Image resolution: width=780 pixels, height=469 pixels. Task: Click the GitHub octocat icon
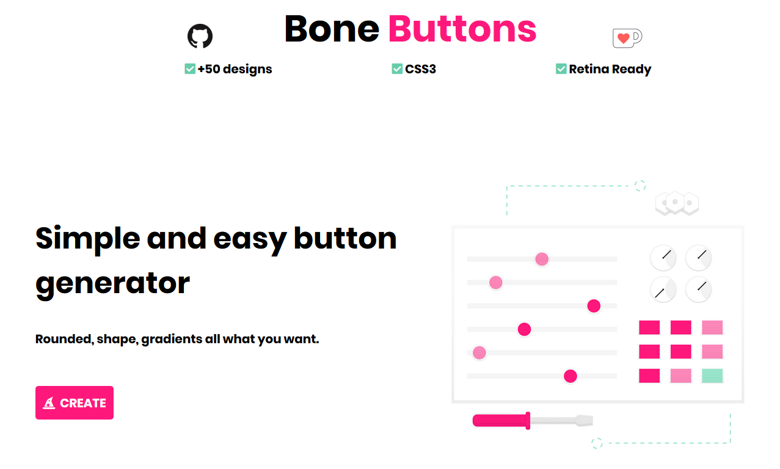[200, 37]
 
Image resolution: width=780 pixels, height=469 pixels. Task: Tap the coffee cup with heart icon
[627, 38]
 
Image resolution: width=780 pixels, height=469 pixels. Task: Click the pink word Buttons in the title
[462, 29]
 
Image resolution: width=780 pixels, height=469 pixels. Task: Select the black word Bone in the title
[332, 29]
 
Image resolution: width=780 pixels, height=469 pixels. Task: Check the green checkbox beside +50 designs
[190, 69]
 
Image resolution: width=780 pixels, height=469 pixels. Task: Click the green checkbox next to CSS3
[397, 69]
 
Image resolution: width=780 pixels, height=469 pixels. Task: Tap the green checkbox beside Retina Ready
[561, 69]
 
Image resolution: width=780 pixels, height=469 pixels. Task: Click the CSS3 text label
[421, 69]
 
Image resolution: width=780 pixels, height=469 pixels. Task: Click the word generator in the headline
[113, 283]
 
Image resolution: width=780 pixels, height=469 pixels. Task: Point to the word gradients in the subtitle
[172, 339]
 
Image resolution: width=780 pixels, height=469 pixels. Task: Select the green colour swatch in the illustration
[712, 376]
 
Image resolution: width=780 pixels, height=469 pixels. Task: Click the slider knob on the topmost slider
[542, 259]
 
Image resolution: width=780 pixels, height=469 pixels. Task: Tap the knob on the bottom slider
[570, 376]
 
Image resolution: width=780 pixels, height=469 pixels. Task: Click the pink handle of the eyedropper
[501, 420]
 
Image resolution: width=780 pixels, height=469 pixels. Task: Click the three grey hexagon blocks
[677, 203]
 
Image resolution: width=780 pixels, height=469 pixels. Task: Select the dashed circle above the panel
[640, 186]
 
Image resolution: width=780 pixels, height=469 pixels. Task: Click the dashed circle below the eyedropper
[597, 443]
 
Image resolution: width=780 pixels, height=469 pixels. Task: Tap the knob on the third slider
[594, 306]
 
